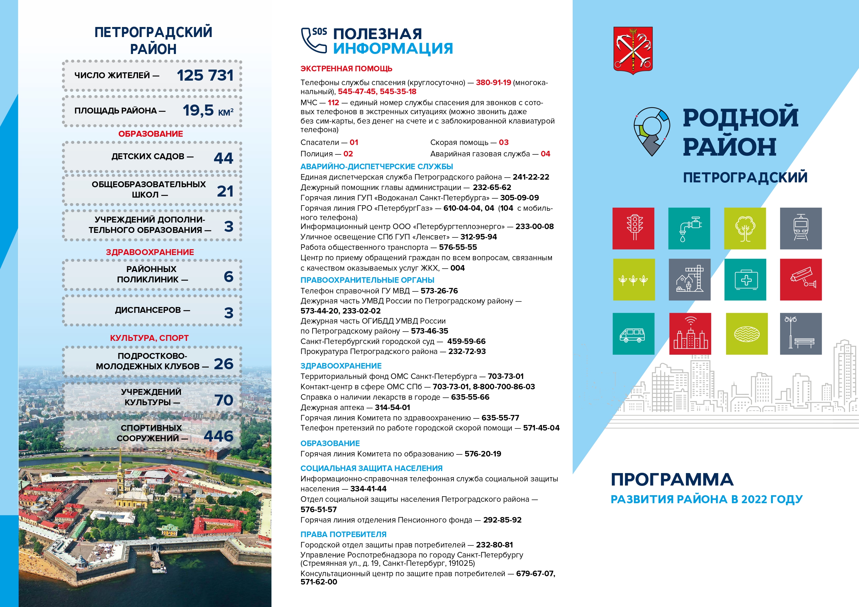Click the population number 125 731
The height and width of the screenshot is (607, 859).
pyautogui.click(x=205, y=75)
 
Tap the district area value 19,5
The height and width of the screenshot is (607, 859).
pyautogui.click(x=198, y=110)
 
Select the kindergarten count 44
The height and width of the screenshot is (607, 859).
pyautogui.click(x=223, y=158)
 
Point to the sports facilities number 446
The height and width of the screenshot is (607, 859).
pyautogui.click(x=218, y=436)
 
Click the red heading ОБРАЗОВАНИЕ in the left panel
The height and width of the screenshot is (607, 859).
pyautogui.click(x=150, y=134)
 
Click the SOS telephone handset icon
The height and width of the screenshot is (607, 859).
pyautogui.click(x=314, y=40)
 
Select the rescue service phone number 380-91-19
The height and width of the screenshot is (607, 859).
pyautogui.click(x=493, y=83)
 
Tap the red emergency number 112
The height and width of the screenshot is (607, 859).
pyautogui.click(x=333, y=103)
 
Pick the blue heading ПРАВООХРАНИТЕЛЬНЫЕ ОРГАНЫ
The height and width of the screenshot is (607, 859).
pyautogui.click(x=367, y=280)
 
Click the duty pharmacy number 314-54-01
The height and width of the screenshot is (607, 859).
pyautogui.click(x=393, y=407)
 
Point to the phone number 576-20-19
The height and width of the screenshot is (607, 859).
pyautogui.click(x=483, y=454)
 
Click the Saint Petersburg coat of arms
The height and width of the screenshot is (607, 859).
pyautogui.click(x=633, y=50)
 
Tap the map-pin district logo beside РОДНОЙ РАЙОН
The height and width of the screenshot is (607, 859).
pyautogui.click(x=652, y=131)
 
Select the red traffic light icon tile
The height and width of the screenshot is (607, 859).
pyautogui.click(x=633, y=228)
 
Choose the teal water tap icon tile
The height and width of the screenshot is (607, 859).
pyautogui.click(x=689, y=228)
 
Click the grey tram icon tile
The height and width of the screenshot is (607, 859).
pyautogui.click(x=800, y=228)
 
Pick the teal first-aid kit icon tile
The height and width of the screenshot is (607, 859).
pyautogui.click(x=745, y=279)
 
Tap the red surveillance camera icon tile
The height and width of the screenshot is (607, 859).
pyautogui.click(x=800, y=279)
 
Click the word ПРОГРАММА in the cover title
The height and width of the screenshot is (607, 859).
pyautogui.click(x=672, y=480)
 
